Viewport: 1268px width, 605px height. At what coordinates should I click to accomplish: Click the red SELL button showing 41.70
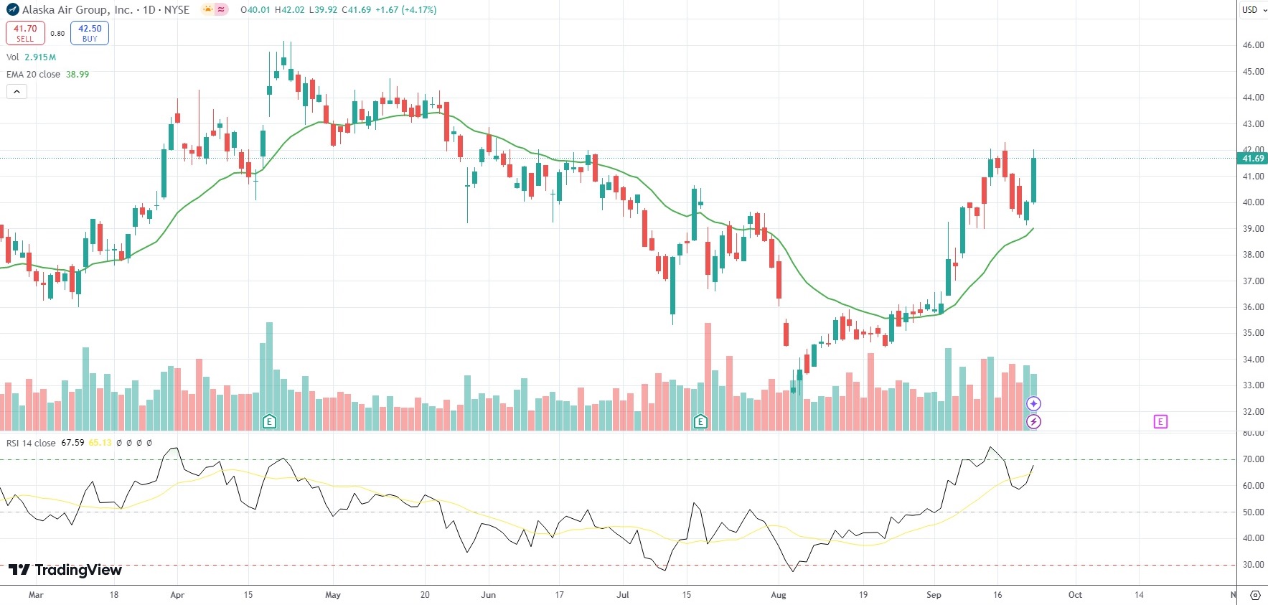[x=25, y=33]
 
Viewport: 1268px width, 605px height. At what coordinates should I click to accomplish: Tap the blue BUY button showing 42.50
[x=90, y=33]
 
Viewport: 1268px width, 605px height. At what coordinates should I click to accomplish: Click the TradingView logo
[x=65, y=570]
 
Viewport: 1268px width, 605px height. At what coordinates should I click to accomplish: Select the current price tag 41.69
[x=1252, y=159]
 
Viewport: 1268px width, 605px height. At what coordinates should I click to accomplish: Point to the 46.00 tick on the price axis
[x=1253, y=45]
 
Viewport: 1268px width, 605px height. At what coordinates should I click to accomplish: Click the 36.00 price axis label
[x=1253, y=307]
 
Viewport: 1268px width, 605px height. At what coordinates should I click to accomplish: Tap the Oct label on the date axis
[x=1075, y=595]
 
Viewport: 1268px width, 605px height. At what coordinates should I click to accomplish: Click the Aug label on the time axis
[x=778, y=595]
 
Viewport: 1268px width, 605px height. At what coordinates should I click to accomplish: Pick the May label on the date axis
[x=333, y=595]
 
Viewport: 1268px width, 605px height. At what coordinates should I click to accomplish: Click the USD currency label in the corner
[x=1250, y=10]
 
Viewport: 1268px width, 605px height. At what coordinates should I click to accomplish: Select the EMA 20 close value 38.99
[x=78, y=75]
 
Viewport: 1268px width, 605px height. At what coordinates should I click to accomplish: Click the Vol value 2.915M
[x=40, y=57]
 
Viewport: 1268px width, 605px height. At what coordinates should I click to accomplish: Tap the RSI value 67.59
[x=72, y=443]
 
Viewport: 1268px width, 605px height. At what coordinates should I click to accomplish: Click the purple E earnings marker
[x=1160, y=422]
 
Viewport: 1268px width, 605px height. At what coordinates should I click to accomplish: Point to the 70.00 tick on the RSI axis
[x=1253, y=459]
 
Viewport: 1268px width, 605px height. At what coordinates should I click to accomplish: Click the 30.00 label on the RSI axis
[x=1253, y=565]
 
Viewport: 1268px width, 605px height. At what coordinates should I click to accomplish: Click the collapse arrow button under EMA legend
[x=17, y=91]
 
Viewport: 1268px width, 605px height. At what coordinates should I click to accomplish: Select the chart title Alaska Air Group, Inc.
[x=77, y=10]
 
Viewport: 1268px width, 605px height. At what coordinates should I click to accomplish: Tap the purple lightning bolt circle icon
[x=1033, y=422]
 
